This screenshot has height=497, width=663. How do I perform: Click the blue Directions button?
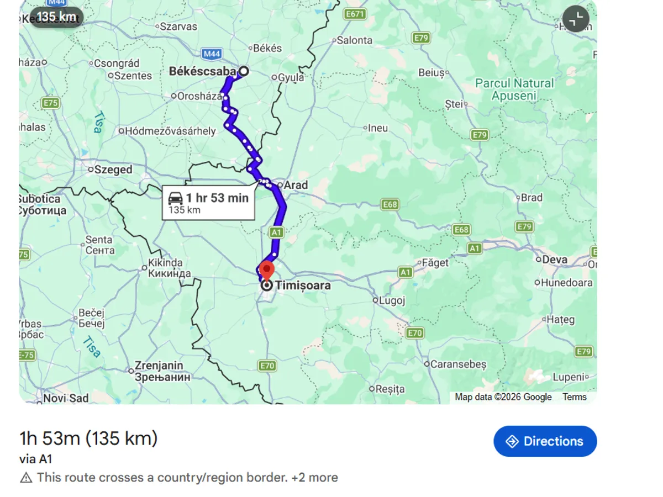tap(545, 441)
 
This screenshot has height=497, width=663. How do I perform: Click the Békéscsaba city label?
tap(202, 71)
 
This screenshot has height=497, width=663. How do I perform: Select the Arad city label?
tap(296, 185)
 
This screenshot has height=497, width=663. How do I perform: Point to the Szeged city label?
tap(113, 170)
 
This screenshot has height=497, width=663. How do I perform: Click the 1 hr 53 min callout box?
tap(208, 203)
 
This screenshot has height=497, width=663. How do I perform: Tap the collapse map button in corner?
tap(576, 19)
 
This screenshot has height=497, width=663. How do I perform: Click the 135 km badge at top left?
tap(56, 17)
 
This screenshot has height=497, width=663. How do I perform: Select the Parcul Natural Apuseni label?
tap(514, 89)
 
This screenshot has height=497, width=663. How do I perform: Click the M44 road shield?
tap(212, 54)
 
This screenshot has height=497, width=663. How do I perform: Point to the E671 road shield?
tap(354, 14)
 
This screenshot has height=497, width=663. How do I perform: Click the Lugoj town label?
tap(392, 300)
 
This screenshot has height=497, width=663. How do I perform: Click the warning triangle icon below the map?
tap(26, 478)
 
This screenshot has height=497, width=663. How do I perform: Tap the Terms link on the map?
tap(574, 397)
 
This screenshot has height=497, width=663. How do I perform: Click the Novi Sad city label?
tap(65, 398)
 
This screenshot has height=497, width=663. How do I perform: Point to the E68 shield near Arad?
tap(390, 205)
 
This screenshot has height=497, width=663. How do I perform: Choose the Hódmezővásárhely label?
tap(170, 131)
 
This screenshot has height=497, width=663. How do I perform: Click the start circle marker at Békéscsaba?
tap(243, 71)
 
